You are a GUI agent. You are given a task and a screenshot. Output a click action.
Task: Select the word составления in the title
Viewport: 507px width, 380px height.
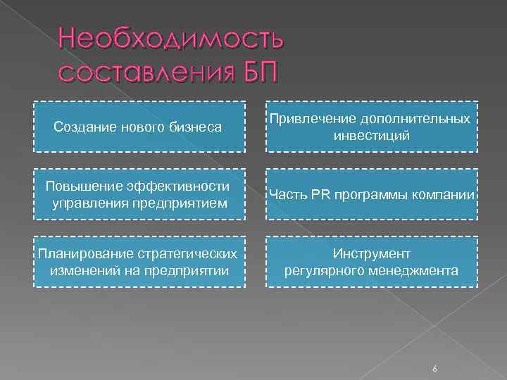click(x=145, y=71)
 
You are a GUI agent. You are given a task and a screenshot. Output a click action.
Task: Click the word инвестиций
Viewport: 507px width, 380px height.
click(x=372, y=135)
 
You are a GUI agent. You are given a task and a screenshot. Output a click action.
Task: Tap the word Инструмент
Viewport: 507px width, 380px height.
click(x=372, y=253)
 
